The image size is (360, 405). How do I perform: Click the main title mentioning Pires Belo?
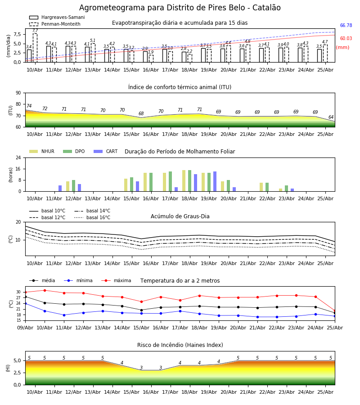pyautogui.click(x=180, y=8)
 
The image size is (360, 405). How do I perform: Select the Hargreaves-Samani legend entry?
pyautogui.click(x=57, y=17)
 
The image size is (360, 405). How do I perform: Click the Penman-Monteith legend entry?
pyautogui.click(x=55, y=24)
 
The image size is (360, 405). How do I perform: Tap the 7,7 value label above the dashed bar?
pyautogui.click(x=35, y=31)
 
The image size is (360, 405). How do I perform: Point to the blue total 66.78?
pyautogui.click(x=346, y=25)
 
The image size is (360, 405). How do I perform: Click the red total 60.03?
pyautogui.click(x=346, y=39)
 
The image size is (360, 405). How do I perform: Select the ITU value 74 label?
pyautogui.click(x=29, y=106)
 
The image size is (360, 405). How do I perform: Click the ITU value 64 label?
pyautogui.click(x=331, y=117)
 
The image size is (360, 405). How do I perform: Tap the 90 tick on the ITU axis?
pyautogui.click(x=18, y=93)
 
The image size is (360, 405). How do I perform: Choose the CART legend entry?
pyautogui.click(x=106, y=151)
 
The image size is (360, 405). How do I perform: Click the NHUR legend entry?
pyautogui.click(x=42, y=151)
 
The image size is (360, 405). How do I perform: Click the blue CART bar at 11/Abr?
pyautogui.click(x=60, y=188)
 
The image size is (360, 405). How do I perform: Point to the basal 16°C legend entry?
pyautogui.click(x=92, y=217)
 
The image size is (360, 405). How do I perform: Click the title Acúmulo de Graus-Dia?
pyautogui.click(x=180, y=216)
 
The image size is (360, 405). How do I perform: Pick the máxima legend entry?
pyautogui.click(x=116, y=280)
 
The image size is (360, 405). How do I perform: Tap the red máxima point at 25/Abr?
pyautogui.click(x=335, y=310)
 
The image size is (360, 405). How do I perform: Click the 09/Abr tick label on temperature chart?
pyautogui.click(x=25, y=328)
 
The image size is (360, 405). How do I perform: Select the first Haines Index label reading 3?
pyautogui.click(x=141, y=368)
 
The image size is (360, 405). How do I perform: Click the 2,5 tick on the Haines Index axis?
pyautogui.click(x=17, y=373)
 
